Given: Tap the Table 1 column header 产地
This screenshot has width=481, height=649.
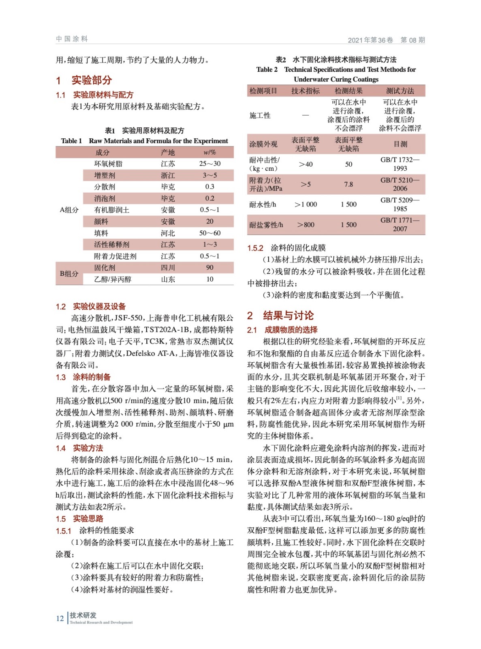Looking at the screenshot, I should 168,152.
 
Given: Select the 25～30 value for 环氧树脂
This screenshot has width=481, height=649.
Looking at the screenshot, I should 210,163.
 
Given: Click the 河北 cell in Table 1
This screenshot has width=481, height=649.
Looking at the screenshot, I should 168,233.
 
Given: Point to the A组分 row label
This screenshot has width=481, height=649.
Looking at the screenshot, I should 69,210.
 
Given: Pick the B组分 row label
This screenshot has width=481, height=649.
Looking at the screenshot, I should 69,273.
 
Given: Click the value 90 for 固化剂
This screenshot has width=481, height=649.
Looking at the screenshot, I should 210,268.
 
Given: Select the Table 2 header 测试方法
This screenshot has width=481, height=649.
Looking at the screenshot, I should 400,91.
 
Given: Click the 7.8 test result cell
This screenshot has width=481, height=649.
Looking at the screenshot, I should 348,184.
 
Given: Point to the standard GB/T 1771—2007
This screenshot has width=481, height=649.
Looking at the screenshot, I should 400,224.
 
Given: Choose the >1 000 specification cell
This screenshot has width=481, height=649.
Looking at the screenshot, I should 306,204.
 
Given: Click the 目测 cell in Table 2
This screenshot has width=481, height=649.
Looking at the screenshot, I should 400,144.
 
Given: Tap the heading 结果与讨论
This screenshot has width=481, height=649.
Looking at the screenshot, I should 288,316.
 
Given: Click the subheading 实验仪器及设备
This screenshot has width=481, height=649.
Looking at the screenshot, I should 99,307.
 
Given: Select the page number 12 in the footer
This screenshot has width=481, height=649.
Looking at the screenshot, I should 60,618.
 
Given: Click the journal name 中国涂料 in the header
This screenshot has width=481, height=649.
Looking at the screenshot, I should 72,39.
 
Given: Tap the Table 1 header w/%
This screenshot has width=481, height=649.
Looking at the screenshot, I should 210,152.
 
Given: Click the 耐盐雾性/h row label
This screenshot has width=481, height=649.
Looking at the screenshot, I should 266,225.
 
